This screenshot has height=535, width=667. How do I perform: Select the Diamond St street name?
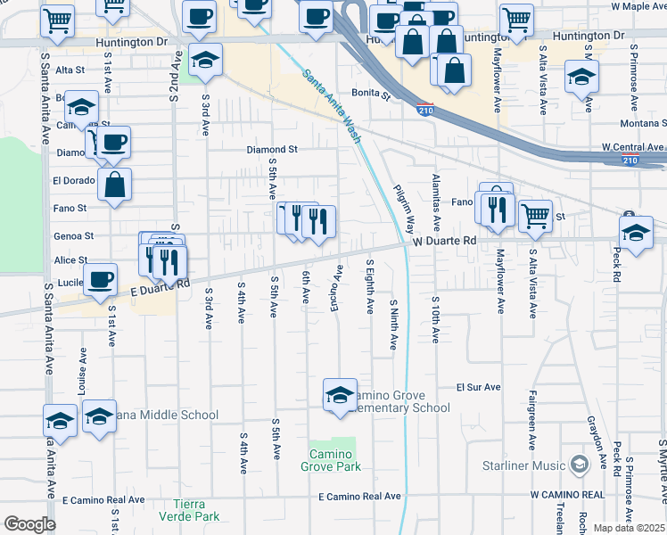click(272, 150)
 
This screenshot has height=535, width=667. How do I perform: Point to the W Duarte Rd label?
click(445, 241)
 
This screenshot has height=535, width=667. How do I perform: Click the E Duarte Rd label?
click(161, 288)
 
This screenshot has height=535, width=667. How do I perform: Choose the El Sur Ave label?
click(478, 388)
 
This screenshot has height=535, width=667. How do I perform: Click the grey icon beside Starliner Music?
click(581, 465)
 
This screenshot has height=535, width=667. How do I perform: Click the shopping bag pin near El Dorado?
click(115, 185)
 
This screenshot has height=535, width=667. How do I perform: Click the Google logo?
click(29, 524)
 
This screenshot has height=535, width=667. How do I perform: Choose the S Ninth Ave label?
click(392, 325)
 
